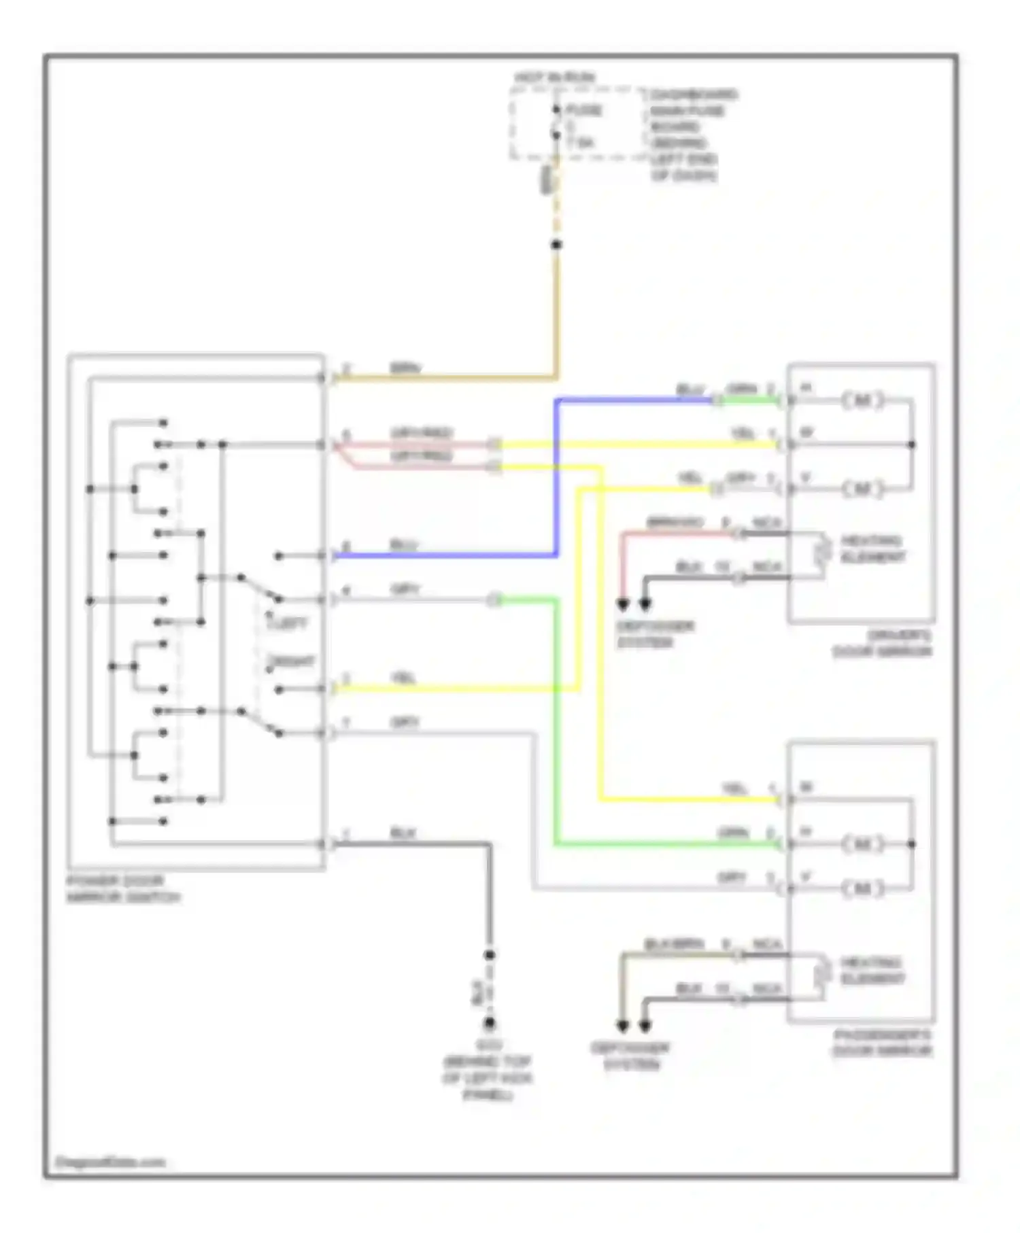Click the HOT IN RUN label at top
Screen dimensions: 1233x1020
pos(554,77)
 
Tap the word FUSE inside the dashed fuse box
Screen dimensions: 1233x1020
pos(584,110)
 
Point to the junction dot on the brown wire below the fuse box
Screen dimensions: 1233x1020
pos(556,245)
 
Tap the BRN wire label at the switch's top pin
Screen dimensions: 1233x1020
pos(405,368)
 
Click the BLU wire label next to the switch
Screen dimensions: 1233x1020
pos(403,545)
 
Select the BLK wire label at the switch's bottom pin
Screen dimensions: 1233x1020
pos(403,833)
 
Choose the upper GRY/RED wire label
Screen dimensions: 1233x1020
pos(422,433)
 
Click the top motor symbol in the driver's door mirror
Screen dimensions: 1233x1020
pos(862,400)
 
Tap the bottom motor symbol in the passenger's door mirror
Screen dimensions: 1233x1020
pos(862,888)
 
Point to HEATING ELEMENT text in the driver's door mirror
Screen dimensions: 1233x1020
pos(872,549)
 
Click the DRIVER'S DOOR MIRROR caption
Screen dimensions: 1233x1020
pos(883,644)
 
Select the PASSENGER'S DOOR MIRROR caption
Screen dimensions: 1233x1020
pos(883,1043)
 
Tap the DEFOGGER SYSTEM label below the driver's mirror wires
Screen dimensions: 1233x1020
pos(655,634)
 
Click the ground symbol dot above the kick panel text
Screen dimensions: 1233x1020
pos(489,1023)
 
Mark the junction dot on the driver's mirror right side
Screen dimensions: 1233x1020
pos(912,445)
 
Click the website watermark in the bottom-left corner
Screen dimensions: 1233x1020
pos(109,1162)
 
